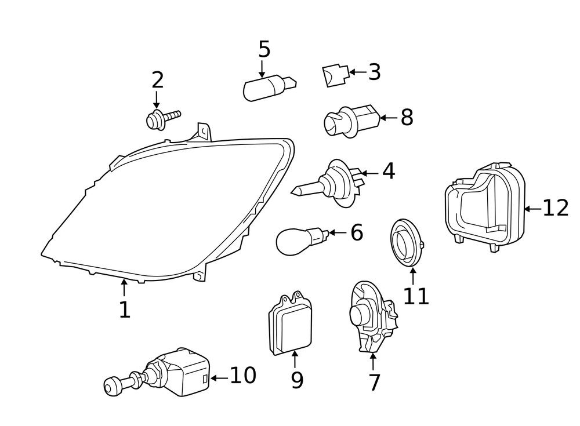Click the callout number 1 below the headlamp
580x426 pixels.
pyautogui.click(x=125, y=310)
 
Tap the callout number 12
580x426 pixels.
pyautogui.click(x=556, y=207)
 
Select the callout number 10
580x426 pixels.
pyautogui.click(x=243, y=376)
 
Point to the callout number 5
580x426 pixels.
pyautogui.click(x=264, y=49)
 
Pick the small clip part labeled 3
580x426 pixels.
pyautogui.click(x=335, y=75)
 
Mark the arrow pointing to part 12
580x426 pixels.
pyautogui.click(x=532, y=207)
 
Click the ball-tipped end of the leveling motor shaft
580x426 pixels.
pyautogui.click(x=110, y=386)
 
